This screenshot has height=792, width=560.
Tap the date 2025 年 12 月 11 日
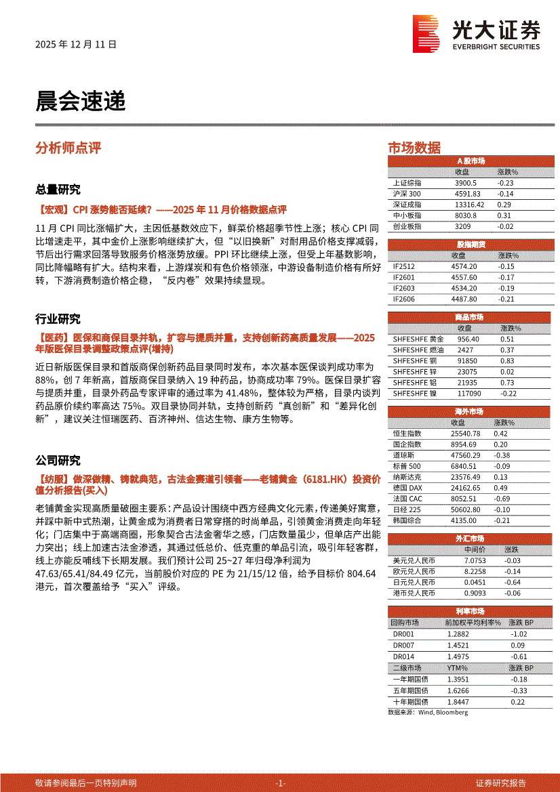coord(75,45)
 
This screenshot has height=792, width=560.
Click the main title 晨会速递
coord(80,101)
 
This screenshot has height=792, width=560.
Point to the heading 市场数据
coord(414,148)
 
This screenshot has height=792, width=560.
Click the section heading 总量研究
coord(58,189)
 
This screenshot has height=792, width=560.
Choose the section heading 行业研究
coord(58,319)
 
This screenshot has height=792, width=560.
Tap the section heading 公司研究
coord(58,461)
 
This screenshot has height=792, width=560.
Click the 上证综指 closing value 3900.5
coord(466,183)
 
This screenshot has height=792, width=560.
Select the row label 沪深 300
coord(406,194)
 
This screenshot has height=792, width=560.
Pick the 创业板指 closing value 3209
coord(462,226)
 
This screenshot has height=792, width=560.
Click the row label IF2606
coord(404,299)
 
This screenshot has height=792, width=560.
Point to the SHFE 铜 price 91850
coord(466,360)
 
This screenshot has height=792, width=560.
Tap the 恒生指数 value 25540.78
coord(465,433)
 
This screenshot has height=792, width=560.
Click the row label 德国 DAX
coord(407,487)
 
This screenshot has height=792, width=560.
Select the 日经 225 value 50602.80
coord(465,509)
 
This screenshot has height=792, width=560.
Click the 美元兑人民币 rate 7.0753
coord(475,560)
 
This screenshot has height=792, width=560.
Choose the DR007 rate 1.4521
coord(458,645)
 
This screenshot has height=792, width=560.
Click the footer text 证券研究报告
coord(500,783)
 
